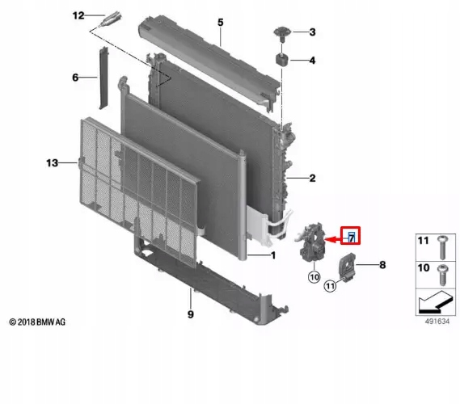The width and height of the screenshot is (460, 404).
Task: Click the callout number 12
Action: (x=78, y=15)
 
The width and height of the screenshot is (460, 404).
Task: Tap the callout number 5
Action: (x=219, y=22)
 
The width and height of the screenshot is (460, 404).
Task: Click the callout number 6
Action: (x=74, y=78)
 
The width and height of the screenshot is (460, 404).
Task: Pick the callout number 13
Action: (x=51, y=163)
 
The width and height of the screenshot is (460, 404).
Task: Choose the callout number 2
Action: (x=311, y=178)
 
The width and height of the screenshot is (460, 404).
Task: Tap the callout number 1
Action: (x=272, y=256)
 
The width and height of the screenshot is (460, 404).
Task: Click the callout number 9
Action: (x=191, y=314)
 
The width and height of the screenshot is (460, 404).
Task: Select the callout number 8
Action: (x=382, y=263)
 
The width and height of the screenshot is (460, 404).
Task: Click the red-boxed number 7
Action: (x=352, y=237)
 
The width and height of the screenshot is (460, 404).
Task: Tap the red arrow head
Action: (x=330, y=238)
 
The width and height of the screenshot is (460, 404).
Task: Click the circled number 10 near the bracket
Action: (x=313, y=277)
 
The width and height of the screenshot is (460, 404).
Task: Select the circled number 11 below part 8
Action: (x=331, y=285)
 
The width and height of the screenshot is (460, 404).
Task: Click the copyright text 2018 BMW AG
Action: (x=37, y=322)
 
